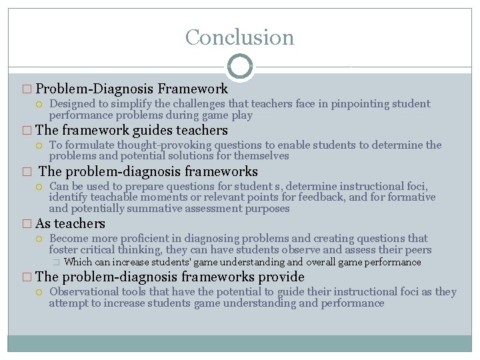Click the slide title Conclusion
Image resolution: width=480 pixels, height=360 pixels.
(239, 37)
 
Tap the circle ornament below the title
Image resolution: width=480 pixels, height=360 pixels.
(239, 67)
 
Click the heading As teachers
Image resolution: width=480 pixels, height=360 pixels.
(70, 223)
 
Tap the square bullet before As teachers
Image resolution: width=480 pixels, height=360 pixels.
(26, 224)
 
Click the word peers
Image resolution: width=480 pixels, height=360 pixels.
(417, 250)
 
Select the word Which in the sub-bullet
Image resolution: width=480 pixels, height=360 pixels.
(78, 262)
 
